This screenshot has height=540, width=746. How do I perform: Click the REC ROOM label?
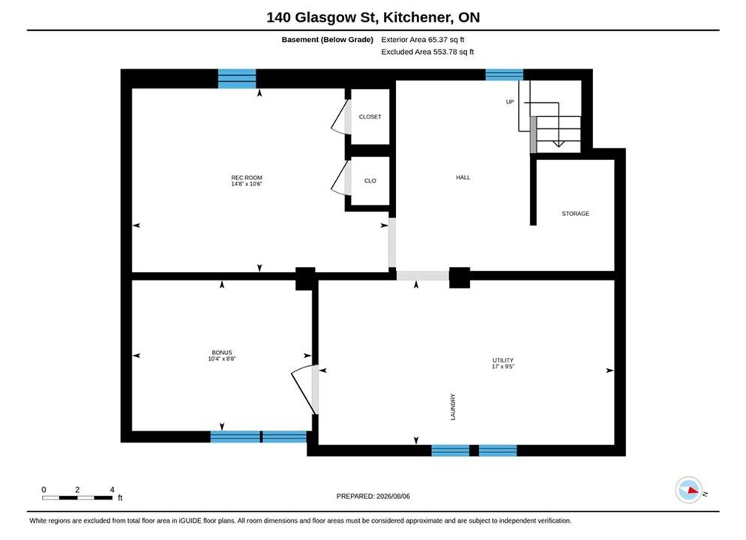pyautogui.click(x=247, y=178)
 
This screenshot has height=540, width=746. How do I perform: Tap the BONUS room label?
pyautogui.click(x=222, y=352)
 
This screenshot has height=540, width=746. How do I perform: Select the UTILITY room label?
pyautogui.click(x=503, y=360)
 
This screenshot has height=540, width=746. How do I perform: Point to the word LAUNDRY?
pyautogui.click(x=453, y=406)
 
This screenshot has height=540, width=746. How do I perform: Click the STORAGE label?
pyautogui.click(x=576, y=214)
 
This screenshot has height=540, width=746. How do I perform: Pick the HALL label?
pyautogui.click(x=463, y=178)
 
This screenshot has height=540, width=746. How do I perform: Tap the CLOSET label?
pyautogui.click(x=370, y=116)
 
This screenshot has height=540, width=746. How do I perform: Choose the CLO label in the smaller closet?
pyautogui.click(x=370, y=181)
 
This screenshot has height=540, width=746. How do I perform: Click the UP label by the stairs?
pyautogui.click(x=510, y=102)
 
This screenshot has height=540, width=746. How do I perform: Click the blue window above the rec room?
pyautogui.click(x=237, y=79)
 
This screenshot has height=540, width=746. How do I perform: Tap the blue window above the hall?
pyautogui.click(x=505, y=75)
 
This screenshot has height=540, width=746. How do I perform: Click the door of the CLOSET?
pyautogui.click(x=340, y=117)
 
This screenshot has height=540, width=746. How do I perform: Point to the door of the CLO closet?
pyautogui.click(x=340, y=178)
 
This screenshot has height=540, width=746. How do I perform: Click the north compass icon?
pyautogui.click(x=689, y=490)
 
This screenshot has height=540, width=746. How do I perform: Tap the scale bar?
pyautogui.click(x=77, y=498)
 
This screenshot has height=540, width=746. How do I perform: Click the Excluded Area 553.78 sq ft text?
pyautogui.click(x=427, y=52)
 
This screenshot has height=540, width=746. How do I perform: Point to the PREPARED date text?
pyautogui.click(x=373, y=496)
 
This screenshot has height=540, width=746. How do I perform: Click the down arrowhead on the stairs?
pyautogui.click(x=559, y=143)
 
